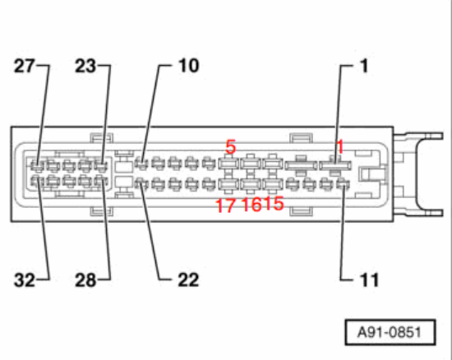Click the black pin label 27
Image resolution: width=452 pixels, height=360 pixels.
click(x=25, y=66)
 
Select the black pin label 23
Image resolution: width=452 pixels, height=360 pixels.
click(x=85, y=66)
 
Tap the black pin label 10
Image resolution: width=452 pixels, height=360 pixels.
click(x=189, y=66)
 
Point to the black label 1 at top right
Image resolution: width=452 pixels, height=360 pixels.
click(x=364, y=66)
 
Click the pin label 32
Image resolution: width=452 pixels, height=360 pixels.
click(x=25, y=280)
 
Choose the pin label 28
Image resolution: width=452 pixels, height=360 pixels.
click(x=85, y=280)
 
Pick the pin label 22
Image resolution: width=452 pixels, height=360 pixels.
click(x=188, y=279)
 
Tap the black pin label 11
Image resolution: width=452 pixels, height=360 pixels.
click(x=369, y=279)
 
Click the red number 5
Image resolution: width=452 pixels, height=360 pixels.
click(x=231, y=146)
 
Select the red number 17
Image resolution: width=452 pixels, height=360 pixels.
click(x=225, y=205)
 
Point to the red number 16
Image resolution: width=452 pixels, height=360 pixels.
click(x=251, y=205)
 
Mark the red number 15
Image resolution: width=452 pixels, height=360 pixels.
click(x=274, y=204)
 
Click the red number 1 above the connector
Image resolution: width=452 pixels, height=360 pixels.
click(x=340, y=146)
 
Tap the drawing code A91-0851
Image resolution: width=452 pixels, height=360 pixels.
click(x=390, y=332)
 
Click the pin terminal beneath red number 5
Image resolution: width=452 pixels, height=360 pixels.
click(x=229, y=164)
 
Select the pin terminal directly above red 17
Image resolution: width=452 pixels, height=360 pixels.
click(x=229, y=184)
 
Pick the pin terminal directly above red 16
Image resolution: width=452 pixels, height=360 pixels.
click(x=251, y=184)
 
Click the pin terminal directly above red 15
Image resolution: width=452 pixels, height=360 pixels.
click(x=273, y=184)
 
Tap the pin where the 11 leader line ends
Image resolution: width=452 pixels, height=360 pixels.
click(x=343, y=184)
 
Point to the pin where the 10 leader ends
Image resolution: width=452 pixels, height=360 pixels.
click(x=141, y=164)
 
